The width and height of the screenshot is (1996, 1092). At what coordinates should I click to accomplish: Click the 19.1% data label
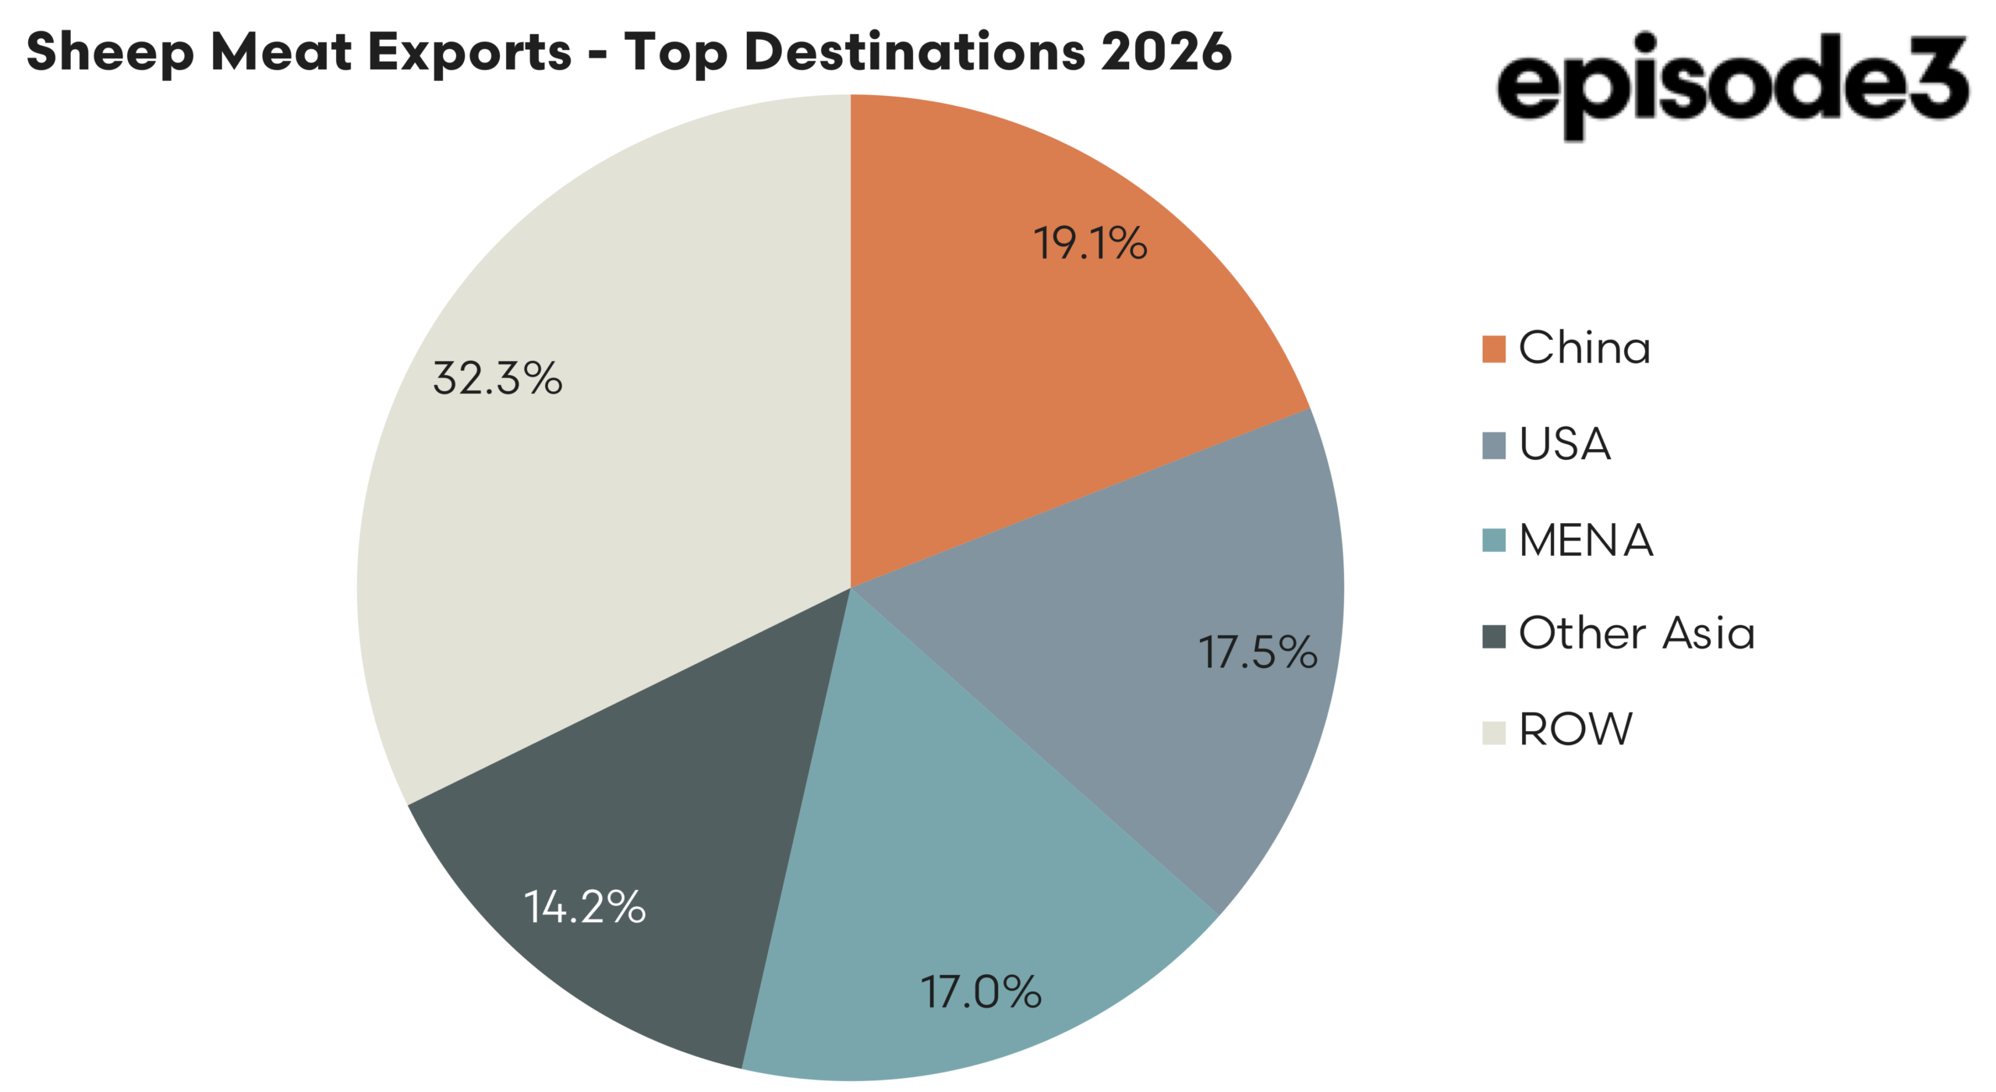(x=1089, y=243)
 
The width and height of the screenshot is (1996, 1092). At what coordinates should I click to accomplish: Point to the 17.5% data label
(x=1257, y=652)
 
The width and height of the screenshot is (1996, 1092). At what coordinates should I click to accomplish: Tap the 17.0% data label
(x=980, y=992)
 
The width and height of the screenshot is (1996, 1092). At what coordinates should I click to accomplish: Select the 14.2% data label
(x=585, y=907)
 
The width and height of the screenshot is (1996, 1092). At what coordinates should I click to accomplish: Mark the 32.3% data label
(x=497, y=379)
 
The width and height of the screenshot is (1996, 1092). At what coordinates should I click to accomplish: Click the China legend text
(x=1584, y=348)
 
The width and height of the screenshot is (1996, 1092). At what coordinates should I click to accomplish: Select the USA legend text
(x=1564, y=444)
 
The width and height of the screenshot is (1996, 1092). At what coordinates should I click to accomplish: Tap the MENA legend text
(x=1586, y=540)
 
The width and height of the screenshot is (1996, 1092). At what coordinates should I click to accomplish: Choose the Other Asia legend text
(x=1637, y=633)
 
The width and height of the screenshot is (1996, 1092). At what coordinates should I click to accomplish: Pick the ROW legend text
(x=1575, y=730)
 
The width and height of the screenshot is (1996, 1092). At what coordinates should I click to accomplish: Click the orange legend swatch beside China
(x=1493, y=349)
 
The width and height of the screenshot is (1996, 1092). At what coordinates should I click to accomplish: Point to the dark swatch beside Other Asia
(x=1493, y=636)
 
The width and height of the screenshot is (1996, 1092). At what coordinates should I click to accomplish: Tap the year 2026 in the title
(x=1166, y=52)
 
